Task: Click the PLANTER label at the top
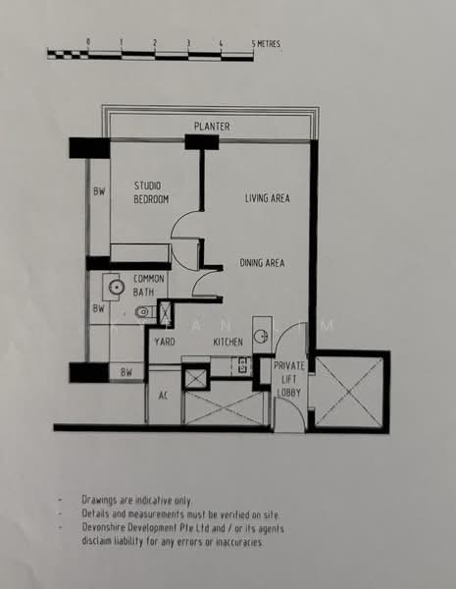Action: point(212,127)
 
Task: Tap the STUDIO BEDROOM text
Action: point(151,192)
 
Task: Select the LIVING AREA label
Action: point(267,198)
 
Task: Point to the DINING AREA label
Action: point(262,262)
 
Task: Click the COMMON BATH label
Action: point(150,286)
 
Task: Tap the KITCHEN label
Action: point(228,342)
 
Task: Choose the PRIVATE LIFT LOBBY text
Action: point(290,377)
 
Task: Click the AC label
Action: point(165,398)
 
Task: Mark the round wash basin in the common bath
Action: point(115,288)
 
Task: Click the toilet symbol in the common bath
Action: point(144,312)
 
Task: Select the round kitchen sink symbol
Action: point(261,336)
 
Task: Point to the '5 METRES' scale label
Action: point(265,43)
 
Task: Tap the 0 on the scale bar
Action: point(88,42)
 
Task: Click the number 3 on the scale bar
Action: point(188,42)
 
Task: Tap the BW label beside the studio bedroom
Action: point(99,191)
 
